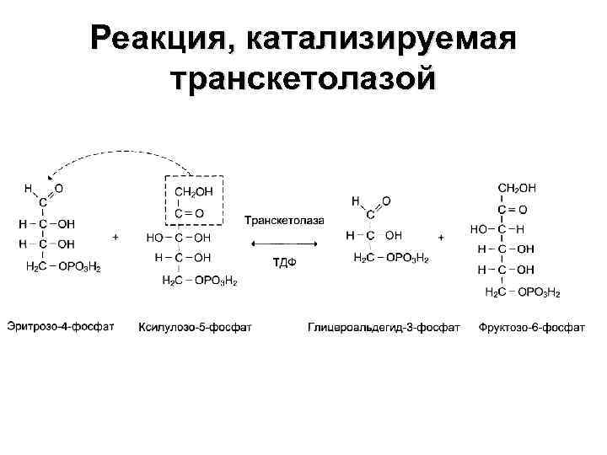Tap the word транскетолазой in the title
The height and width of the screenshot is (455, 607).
tap(303, 82)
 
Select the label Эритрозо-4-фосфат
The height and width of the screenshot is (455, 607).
tap(61, 326)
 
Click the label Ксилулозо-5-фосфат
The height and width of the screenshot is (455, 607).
tap(195, 326)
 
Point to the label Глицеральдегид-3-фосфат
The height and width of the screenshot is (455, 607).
tap(384, 326)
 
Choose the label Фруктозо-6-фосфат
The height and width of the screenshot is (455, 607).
tap(531, 326)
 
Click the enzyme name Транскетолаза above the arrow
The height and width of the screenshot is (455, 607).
tap(284, 221)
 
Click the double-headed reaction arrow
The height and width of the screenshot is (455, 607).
tap(283, 243)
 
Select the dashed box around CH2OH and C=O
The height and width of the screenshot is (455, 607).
tap(193, 201)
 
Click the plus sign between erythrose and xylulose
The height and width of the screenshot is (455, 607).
tap(115, 238)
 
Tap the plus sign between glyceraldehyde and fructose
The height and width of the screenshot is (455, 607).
tap(441, 238)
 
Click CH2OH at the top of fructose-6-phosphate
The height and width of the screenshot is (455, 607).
tap(517, 187)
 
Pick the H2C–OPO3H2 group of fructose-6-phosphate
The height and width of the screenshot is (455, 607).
tap(523, 292)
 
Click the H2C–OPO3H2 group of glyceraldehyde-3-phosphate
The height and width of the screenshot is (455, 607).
tap(390, 257)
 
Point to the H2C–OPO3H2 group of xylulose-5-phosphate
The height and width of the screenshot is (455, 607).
tap(199, 280)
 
